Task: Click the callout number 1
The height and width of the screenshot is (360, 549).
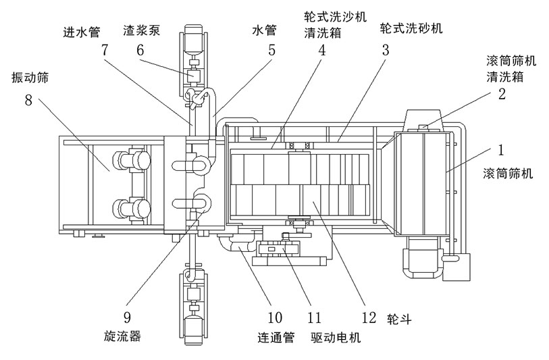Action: pyautogui.click(x=501, y=147)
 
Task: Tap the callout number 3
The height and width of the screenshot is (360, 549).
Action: pyautogui.click(x=386, y=49)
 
